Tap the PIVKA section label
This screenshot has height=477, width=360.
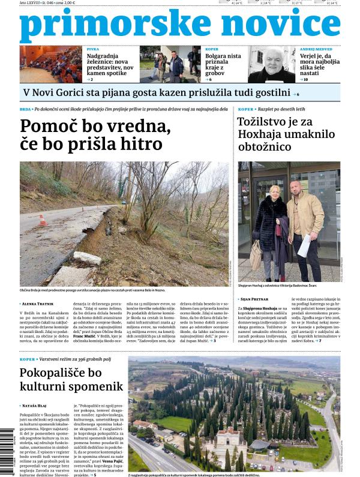(x=93, y=49)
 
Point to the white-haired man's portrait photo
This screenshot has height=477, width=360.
(x=271, y=64)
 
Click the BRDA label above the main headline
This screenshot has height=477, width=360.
(x=25, y=110)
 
